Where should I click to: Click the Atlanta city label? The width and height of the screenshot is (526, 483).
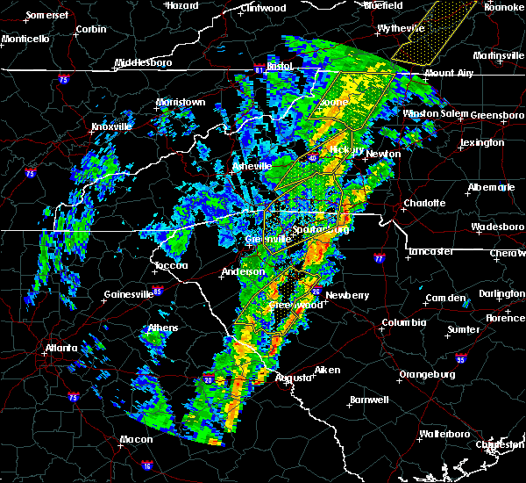pyautogui.click(x=65, y=348)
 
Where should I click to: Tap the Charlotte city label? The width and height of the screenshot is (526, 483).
pyautogui.click(x=424, y=203)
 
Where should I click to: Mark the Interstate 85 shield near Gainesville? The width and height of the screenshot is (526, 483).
pyautogui.click(x=158, y=291)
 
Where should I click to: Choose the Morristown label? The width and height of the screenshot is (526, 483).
pyautogui.click(x=181, y=103)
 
